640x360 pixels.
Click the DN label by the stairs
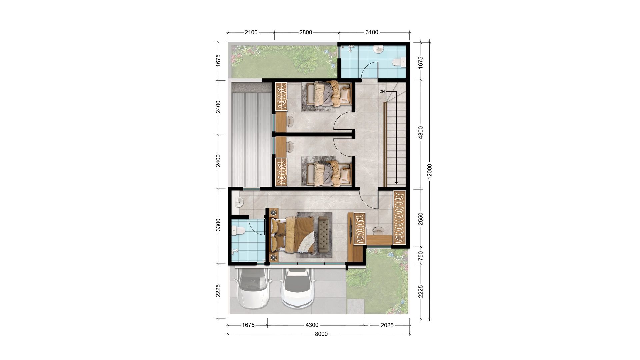point(382,91)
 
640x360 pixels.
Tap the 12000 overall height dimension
point(429,171)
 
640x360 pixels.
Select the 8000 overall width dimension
point(321,334)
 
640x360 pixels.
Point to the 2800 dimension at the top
point(306,32)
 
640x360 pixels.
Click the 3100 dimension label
point(372,32)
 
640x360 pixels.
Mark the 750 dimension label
point(421,256)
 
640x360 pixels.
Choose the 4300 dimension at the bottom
point(312,325)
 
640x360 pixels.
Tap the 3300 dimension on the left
point(218,225)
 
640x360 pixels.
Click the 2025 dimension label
point(387,325)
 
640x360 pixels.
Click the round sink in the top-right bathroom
point(378,49)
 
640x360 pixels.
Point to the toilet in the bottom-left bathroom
point(238,230)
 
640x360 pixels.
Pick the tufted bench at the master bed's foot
point(323,235)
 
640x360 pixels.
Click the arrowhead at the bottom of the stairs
point(396,183)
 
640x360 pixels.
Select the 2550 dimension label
point(421,219)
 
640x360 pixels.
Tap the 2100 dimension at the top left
point(251,32)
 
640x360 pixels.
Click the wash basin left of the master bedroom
point(239,202)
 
